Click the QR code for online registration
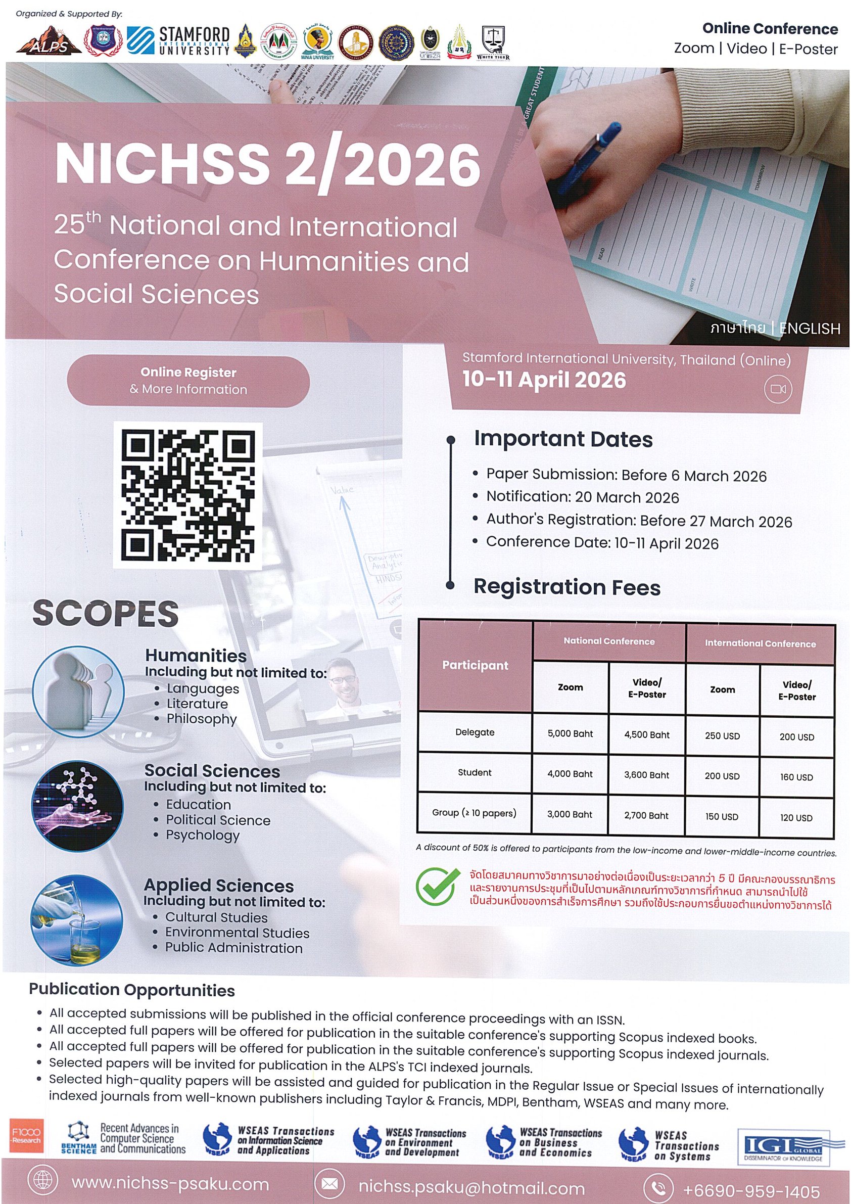187,495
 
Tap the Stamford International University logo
178,41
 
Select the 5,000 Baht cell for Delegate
570,733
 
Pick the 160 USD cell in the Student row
796,776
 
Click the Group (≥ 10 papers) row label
474,813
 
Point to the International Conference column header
760,643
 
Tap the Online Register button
188,381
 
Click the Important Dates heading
563,439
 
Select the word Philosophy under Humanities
201,718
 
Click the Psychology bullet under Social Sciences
203,835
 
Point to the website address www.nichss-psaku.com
170,1184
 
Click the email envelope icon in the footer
329,1184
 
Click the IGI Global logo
783,1147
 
